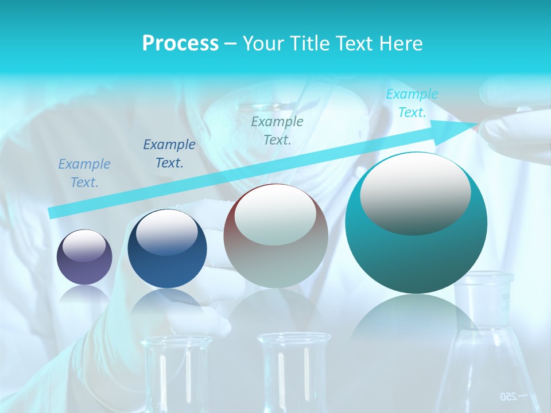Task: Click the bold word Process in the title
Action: (x=180, y=44)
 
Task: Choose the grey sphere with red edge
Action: (x=275, y=236)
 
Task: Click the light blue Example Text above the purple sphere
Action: (x=84, y=173)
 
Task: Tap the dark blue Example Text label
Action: (x=169, y=154)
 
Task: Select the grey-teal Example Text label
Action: (x=277, y=130)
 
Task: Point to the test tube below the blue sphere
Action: (x=176, y=373)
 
